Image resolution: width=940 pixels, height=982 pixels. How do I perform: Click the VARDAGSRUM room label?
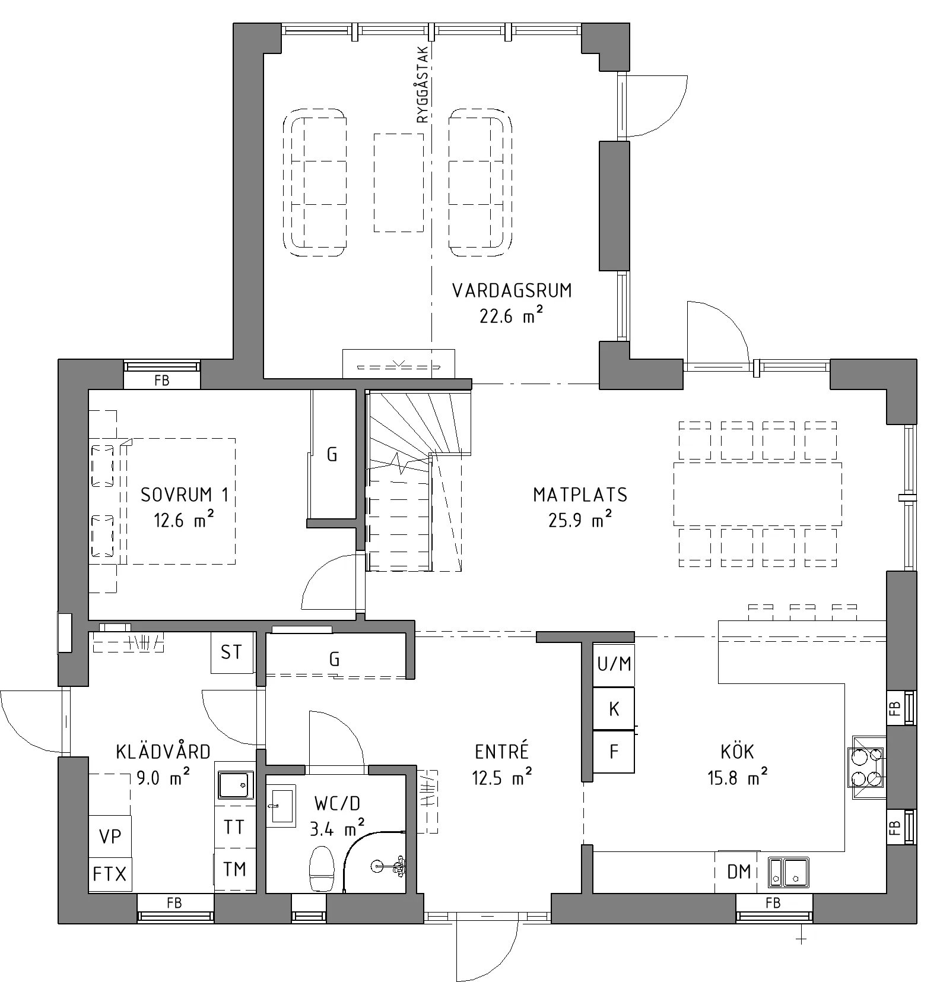(x=512, y=290)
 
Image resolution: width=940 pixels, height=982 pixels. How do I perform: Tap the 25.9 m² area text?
(x=580, y=520)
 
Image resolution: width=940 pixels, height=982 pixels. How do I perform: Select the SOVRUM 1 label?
(x=185, y=495)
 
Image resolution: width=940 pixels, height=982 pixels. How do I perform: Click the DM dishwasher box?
(x=739, y=872)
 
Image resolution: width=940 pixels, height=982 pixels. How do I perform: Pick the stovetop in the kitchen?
(x=868, y=767)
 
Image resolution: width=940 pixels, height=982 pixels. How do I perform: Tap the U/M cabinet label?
(x=614, y=664)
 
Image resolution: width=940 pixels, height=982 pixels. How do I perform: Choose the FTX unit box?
(x=110, y=874)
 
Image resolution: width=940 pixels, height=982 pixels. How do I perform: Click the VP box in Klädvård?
(x=110, y=837)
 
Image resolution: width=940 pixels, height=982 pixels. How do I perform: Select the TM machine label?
(x=234, y=869)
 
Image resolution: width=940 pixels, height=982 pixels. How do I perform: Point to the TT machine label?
(x=234, y=826)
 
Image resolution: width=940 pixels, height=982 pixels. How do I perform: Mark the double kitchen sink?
(x=787, y=872)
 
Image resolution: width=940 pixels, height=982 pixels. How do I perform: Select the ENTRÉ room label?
(x=502, y=752)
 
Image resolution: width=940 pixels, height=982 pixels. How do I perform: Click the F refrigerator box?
(x=614, y=752)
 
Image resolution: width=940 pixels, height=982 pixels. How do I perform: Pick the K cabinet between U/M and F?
(x=614, y=709)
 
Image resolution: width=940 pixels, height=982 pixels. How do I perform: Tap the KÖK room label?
(x=737, y=752)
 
